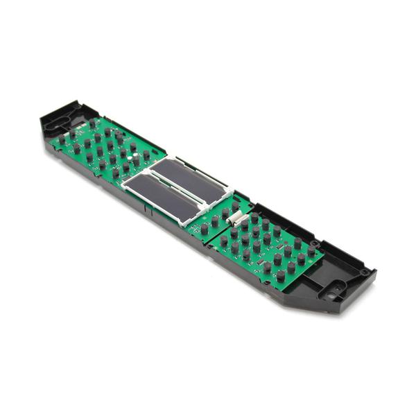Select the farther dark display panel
(189, 177)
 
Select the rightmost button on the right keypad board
(311, 251)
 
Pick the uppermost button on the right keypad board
(255, 217)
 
